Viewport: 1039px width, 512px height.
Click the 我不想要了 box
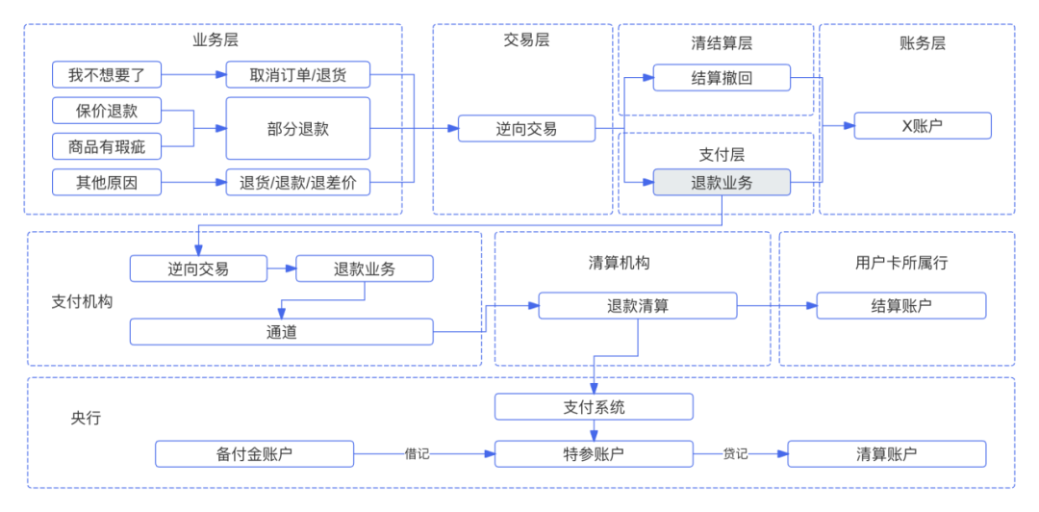pos(107,75)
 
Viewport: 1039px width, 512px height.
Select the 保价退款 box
pos(107,111)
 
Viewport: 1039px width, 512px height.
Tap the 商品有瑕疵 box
pos(107,146)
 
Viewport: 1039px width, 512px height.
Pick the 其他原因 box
pos(107,182)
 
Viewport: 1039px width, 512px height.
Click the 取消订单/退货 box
pos(297,75)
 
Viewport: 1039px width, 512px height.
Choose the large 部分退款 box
pos(297,128)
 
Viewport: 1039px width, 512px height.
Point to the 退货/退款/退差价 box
pos(297,182)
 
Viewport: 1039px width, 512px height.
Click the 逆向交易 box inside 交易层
pos(526,128)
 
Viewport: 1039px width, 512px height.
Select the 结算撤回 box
pos(722,78)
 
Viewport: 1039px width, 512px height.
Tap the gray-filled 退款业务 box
pos(722,182)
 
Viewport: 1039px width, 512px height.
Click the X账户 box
pos(922,125)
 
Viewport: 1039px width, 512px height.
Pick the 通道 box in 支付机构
pos(282,332)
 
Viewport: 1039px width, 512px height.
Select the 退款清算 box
pos(637,306)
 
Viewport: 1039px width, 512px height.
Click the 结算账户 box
pos(900,306)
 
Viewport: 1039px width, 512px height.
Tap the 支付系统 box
pos(594,407)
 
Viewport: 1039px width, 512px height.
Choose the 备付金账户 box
pos(254,454)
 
